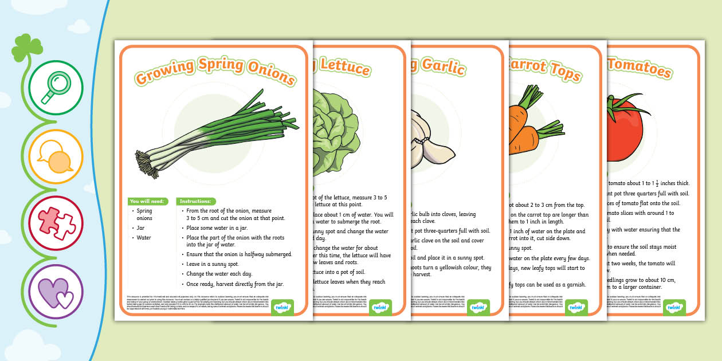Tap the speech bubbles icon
(56, 160)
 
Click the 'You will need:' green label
(148, 201)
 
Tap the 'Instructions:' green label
(195, 201)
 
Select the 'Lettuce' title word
(344, 67)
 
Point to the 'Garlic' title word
(442, 67)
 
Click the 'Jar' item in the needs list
(140, 227)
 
